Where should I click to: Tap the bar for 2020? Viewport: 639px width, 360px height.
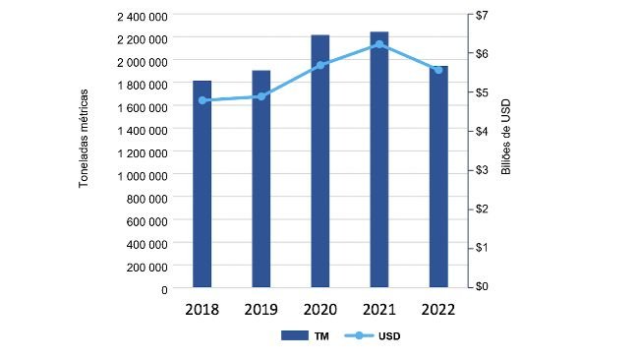[320, 161]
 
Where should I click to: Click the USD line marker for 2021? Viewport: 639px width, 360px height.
[379, 44]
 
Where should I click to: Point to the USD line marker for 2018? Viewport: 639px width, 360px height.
[203, 100]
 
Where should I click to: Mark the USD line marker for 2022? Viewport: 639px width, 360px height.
[438, 69]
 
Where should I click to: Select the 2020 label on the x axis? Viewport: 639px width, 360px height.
[320, 309]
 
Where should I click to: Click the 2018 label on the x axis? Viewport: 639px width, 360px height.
[202, 309]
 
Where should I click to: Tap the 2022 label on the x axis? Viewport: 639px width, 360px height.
[438, 309]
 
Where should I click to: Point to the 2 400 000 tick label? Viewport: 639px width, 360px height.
[142, 17]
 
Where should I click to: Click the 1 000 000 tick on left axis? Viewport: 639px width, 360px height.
[142, 176]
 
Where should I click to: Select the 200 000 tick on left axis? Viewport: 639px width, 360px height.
[145, 267]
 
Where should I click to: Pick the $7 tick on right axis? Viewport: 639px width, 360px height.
[482, 16]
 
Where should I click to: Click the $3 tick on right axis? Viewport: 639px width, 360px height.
[482, 170]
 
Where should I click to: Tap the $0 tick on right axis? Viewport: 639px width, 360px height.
[482, 286]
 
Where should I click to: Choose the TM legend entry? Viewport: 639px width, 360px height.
[306, 335]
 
